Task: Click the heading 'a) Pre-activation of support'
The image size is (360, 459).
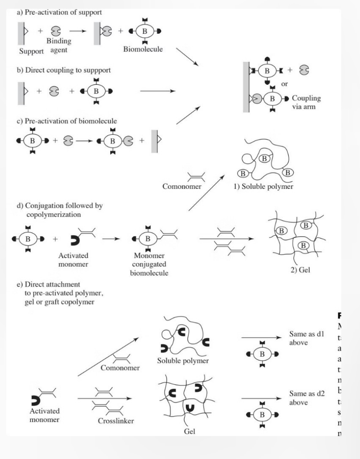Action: [x=59, y=13]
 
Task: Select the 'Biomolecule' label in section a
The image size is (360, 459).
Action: [x=143, y=49]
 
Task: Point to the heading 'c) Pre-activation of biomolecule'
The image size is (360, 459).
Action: [x=66, y=122]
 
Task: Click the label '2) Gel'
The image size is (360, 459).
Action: [x=300, y=276]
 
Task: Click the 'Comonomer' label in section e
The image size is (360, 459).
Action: [x=120, y=368]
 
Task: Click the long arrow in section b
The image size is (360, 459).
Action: [x=157, y=91]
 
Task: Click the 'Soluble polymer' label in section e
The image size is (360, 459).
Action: [x=183, y=361]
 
